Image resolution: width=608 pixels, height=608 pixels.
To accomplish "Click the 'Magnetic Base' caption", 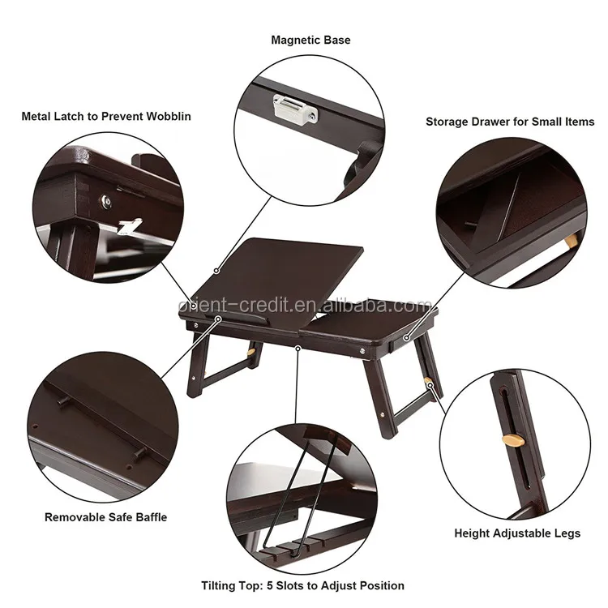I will pyautogui.click(x=310, y=40).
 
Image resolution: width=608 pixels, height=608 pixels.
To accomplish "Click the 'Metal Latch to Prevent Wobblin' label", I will pyautogui.click(x=106, y=116).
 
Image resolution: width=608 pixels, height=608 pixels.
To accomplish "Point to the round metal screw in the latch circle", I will pyautogui.click(x=105, y=198).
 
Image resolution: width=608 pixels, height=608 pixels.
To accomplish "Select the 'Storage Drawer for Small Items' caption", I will pyautogui.click(x=510, y=122).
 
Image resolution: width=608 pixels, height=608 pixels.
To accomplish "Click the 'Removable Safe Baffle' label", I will pyautogui.click(x=105, y=516).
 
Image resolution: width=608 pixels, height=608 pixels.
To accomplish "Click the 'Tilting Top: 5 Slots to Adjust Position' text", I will pyautogui.click(x=302, y=584).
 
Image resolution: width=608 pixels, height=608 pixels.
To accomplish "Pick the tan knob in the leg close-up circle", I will pyautogui.click(x=512, y=440).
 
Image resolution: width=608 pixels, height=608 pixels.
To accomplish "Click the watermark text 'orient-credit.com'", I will pyautogui.click(x=305, y=306).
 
